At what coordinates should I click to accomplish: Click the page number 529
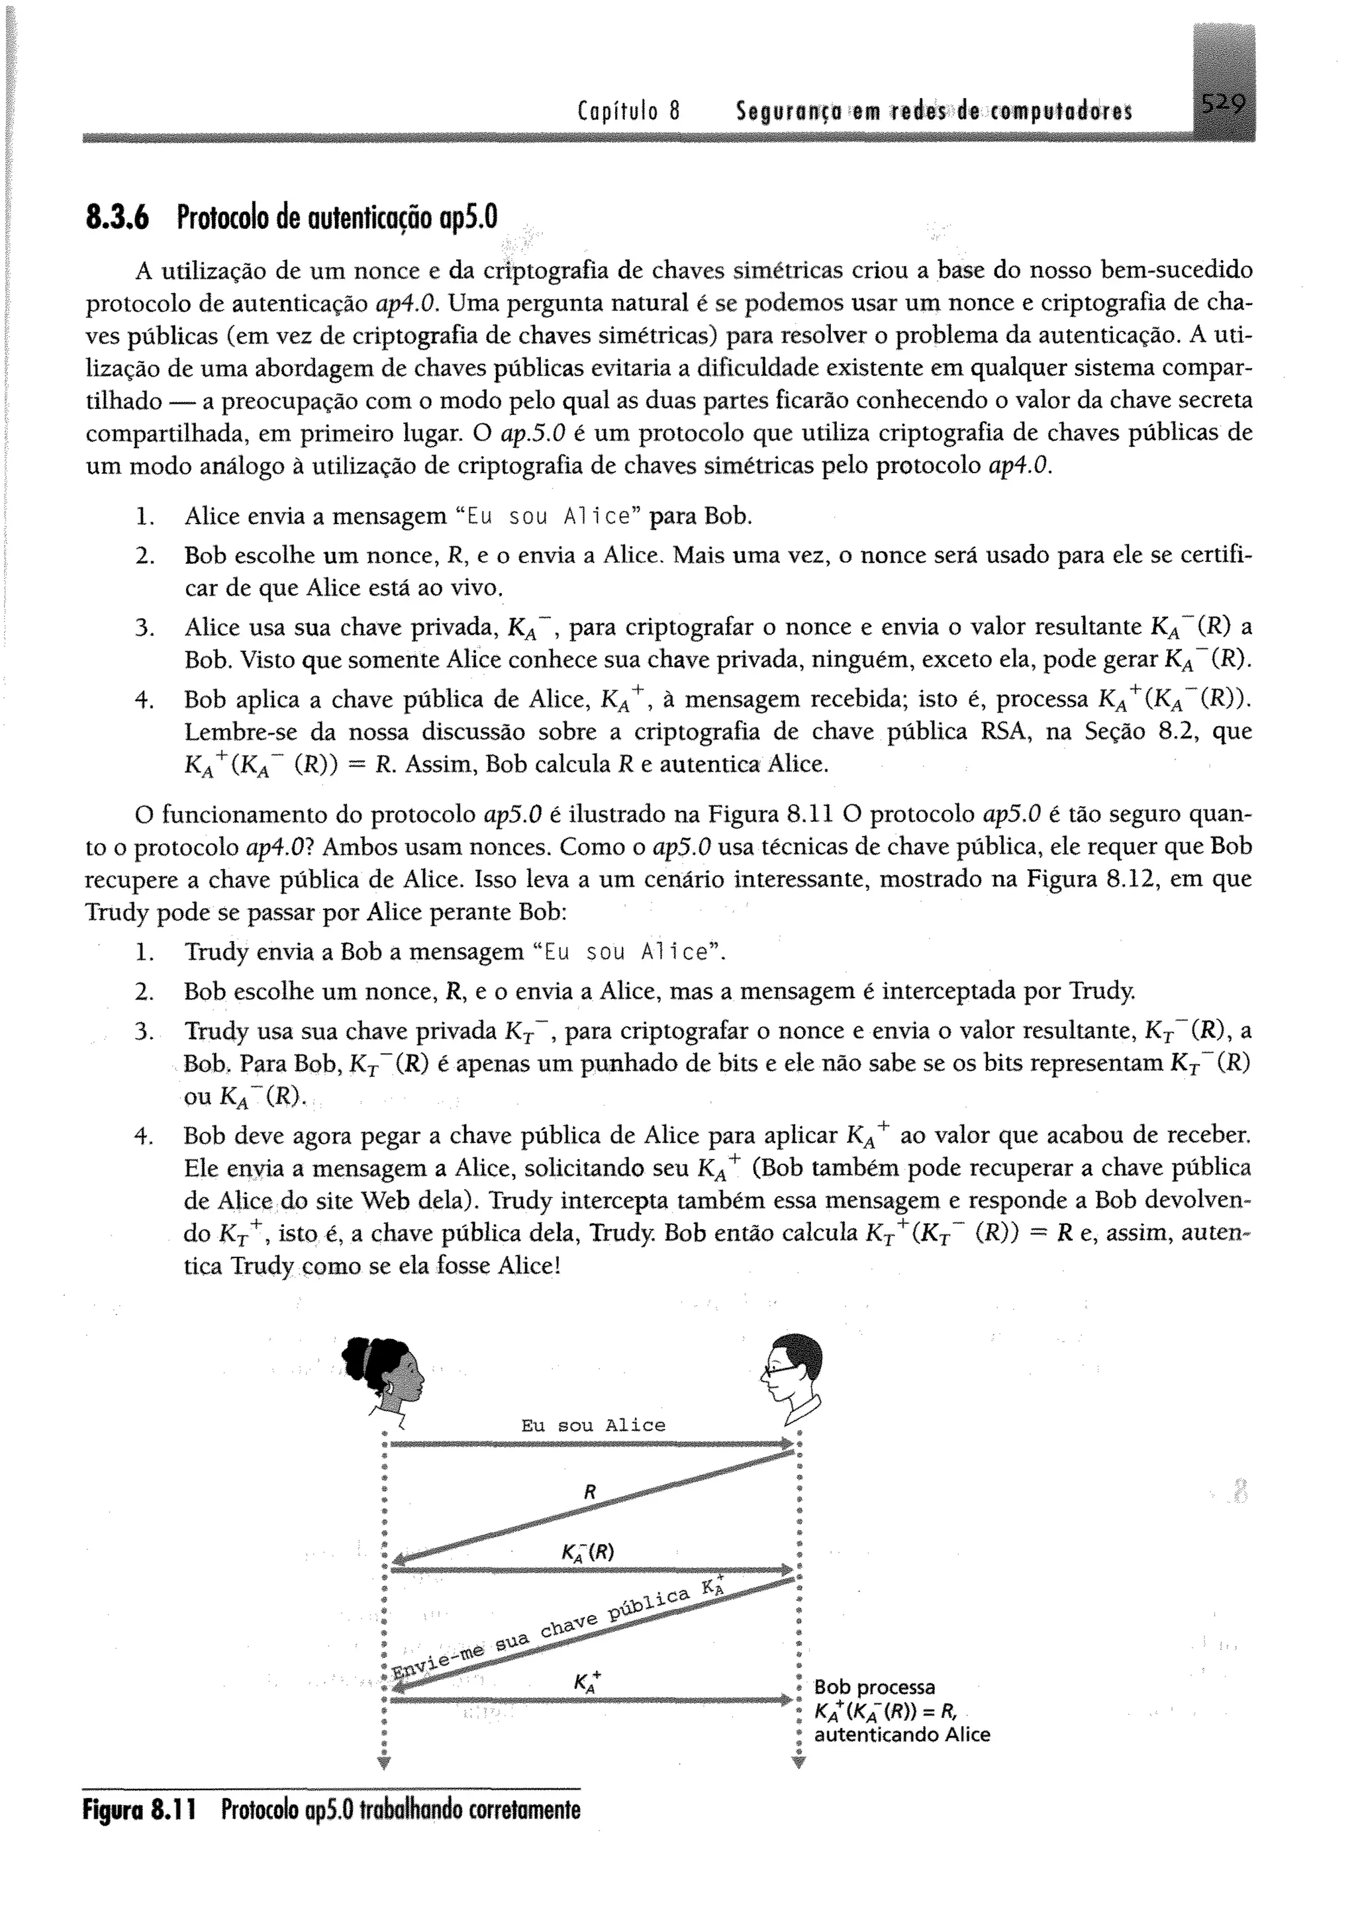coord(1222,106)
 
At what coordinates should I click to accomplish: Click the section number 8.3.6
coord(117,218)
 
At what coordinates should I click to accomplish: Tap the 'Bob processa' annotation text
coord(874,1688)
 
